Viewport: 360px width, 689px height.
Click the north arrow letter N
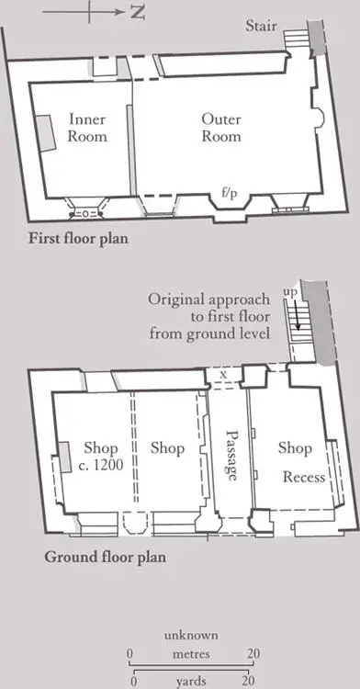click(137, 13)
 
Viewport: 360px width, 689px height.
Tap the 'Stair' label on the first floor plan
click(261, 26)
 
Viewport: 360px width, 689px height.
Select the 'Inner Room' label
click(87, 128)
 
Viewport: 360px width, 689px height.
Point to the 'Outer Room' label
click(221, 128)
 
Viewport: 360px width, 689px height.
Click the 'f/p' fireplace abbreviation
click(230, 193)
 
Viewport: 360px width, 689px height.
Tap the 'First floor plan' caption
click(79, 239)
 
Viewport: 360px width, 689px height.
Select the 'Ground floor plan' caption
click(106, 558)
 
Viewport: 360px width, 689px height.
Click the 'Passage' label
click(231, 456)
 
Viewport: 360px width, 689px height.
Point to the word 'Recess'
click(304, 477)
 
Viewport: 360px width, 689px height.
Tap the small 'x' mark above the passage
click(223, 375)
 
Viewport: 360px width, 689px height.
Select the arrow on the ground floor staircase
click(298, 309)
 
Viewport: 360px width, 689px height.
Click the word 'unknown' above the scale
click(191, 636)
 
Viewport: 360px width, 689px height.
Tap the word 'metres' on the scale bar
click(191, 654)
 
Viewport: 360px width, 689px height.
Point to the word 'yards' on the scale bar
click(191, 682)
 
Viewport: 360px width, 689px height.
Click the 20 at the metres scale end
click(253, 654)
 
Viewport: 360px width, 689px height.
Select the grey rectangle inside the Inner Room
click(45, 133)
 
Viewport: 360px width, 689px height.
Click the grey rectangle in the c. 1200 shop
click(64, 457)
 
